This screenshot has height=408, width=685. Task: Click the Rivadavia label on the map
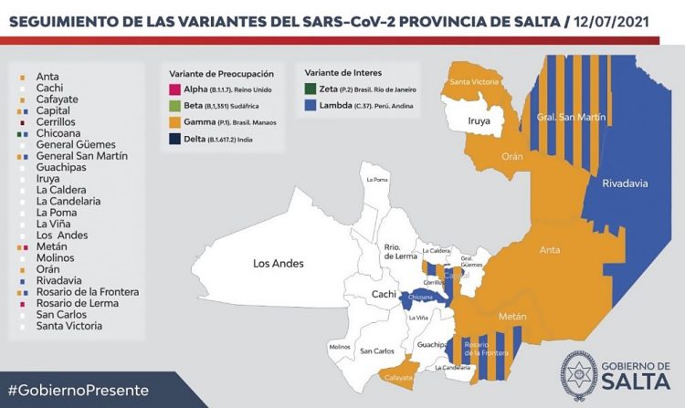pos(627,183)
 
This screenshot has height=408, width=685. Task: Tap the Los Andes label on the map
pos(278,264)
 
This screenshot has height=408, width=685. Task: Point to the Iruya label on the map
pos(479,120)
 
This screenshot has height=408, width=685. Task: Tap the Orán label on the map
pos(511,156)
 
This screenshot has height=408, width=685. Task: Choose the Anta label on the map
pos(550,248)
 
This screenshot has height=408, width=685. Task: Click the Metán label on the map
pos(513,316)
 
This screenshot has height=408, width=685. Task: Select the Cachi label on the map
pos(384,294)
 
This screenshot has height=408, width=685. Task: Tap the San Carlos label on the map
pos(376,350)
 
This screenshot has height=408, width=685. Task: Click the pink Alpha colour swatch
pos(175,89)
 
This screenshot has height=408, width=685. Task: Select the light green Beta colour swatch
pos(175,106)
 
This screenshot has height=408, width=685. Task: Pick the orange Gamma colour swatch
pos(175,122)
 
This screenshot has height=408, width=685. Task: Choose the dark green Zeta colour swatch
pos(312,89)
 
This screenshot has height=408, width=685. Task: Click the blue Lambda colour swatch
pos(312,106)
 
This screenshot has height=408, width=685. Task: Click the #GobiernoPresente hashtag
pos(78,390)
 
